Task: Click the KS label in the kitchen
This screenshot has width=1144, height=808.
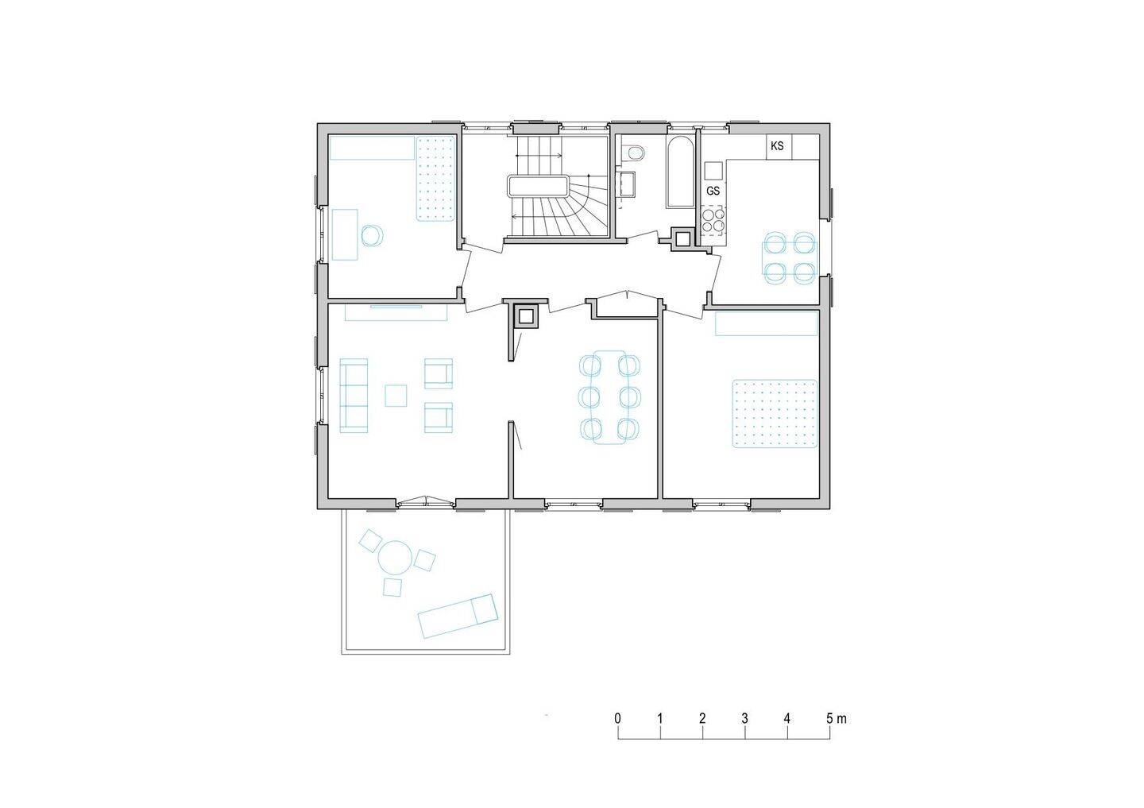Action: (777, 146)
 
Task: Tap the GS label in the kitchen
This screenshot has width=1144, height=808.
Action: (713, 191)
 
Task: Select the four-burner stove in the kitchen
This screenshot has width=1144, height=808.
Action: (713, 218)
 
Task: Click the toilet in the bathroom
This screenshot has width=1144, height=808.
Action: (633, 153)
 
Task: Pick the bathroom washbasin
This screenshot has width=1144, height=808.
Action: (628, 184)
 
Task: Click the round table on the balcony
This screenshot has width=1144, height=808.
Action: (394, 558)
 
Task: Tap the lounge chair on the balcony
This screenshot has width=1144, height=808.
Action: (458, 616)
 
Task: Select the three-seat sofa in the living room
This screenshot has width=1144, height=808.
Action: (354, 396)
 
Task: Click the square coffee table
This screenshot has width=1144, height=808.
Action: (396, 396)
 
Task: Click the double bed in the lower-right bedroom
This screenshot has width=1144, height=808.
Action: (775, 414)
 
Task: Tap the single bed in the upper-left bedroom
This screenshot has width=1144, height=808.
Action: (435, 178)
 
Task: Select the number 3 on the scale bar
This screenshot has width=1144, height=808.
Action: (744, 718)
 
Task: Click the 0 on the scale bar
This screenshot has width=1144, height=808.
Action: (618, 718)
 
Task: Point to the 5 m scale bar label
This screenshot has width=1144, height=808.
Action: (836, 718)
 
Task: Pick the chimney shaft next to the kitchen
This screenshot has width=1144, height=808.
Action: (682, 238)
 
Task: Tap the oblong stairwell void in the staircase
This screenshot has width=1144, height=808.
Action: (538, 186)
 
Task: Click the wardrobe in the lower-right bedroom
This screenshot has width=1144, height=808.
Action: (766, 324)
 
